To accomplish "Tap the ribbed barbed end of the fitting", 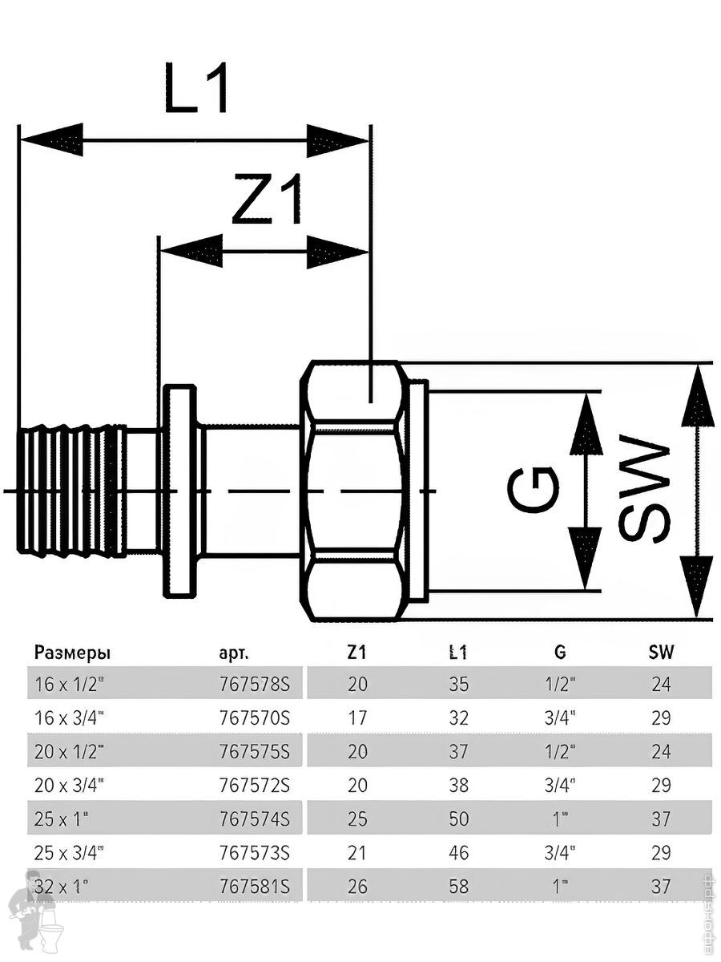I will click(x=70, y=491).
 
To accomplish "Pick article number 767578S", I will click(x=253, y=685).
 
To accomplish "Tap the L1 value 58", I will click(x=459, y=887).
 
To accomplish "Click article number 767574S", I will click(x=253, y=820).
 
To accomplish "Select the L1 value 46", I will click(x=459, y=854).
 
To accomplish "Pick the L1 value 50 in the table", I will click(x=459, y=820).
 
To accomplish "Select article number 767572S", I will click(x=253, y=786).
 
